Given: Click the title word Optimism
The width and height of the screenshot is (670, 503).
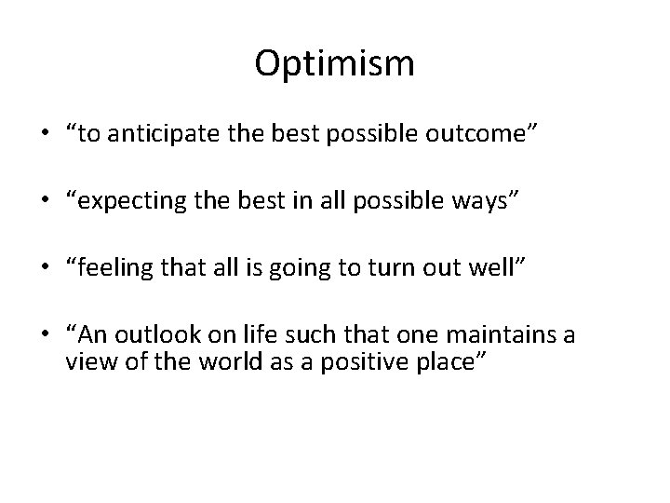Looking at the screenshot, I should coord(334,65).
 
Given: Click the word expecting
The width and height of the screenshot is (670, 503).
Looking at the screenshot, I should coord(132,200).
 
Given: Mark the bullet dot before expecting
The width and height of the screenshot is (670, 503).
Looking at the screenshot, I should coord(46,201).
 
